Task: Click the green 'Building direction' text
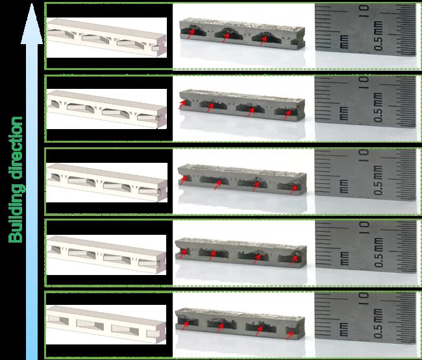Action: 16,180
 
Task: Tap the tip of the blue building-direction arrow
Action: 32,3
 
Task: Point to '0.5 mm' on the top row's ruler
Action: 378,36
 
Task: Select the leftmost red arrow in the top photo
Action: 190,34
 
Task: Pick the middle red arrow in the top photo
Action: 225,37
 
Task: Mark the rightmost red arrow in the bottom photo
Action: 290,335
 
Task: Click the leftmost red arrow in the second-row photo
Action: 182,104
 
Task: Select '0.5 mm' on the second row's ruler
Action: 378,107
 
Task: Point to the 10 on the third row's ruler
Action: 364,155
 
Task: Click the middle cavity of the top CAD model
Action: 95,39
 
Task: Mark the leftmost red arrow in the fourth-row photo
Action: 182,254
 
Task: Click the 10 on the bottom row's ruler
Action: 364,298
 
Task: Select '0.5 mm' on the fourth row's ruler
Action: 378,252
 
